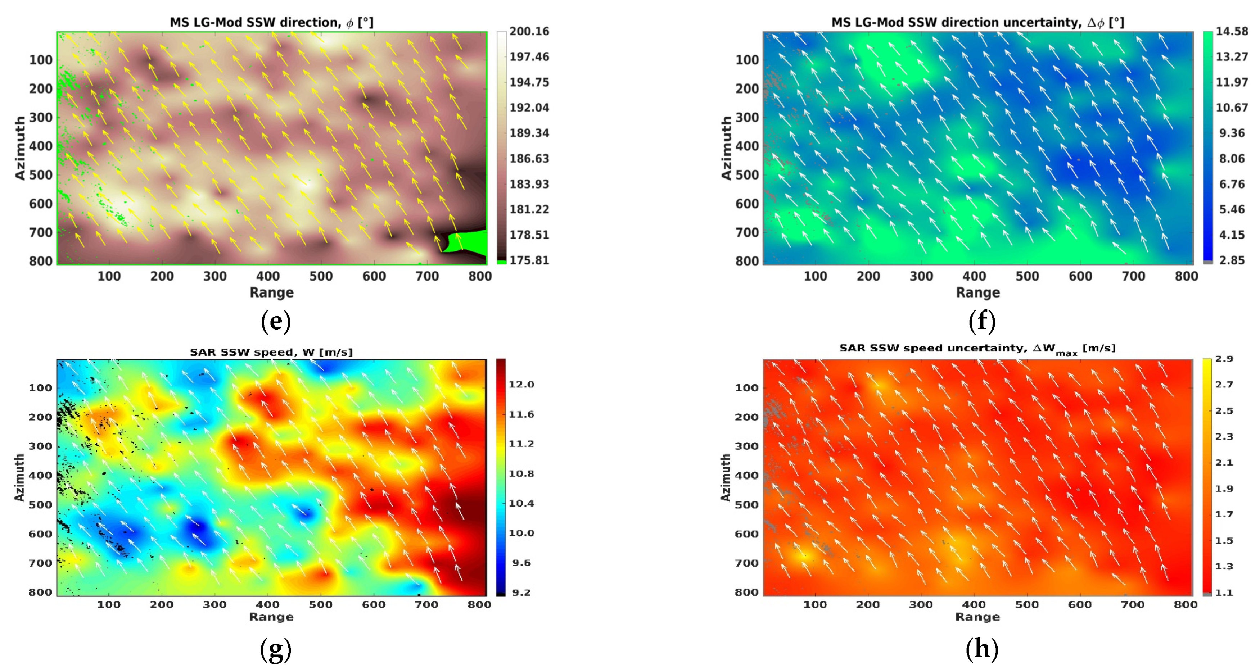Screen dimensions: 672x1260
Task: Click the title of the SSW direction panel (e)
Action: tap(271, 23)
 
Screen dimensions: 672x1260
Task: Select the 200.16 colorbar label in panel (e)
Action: tap(529, 32)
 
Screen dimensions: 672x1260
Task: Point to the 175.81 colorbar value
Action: tap(529, 260)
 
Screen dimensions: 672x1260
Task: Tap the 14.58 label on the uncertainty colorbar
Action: tap(1232, 32)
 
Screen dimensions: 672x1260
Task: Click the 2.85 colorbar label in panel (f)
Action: tap(1232, 260)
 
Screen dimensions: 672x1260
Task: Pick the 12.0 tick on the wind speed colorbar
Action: tap(521, 385)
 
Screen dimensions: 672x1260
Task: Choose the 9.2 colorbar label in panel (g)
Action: tap(521, 592)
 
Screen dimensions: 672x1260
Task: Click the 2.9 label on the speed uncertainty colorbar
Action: tap(1224, 359)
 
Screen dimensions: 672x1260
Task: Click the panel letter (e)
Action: tap(276, 321)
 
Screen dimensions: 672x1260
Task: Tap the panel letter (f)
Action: tap(982, 321)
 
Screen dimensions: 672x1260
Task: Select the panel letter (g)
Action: tap(276, 649)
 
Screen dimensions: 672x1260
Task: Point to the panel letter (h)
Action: tap(982, 649)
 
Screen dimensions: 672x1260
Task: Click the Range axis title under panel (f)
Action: tap(978, 292)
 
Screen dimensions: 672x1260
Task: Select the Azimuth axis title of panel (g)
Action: tap(19, 477)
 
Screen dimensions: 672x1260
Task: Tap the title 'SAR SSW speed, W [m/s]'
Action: tap(271, 352)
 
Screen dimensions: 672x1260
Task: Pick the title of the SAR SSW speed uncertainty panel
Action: tap(978, 349)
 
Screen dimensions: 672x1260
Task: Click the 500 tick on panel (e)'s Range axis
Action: tap(321, 276)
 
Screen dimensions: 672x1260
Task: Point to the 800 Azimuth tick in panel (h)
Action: tap(746, 592)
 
